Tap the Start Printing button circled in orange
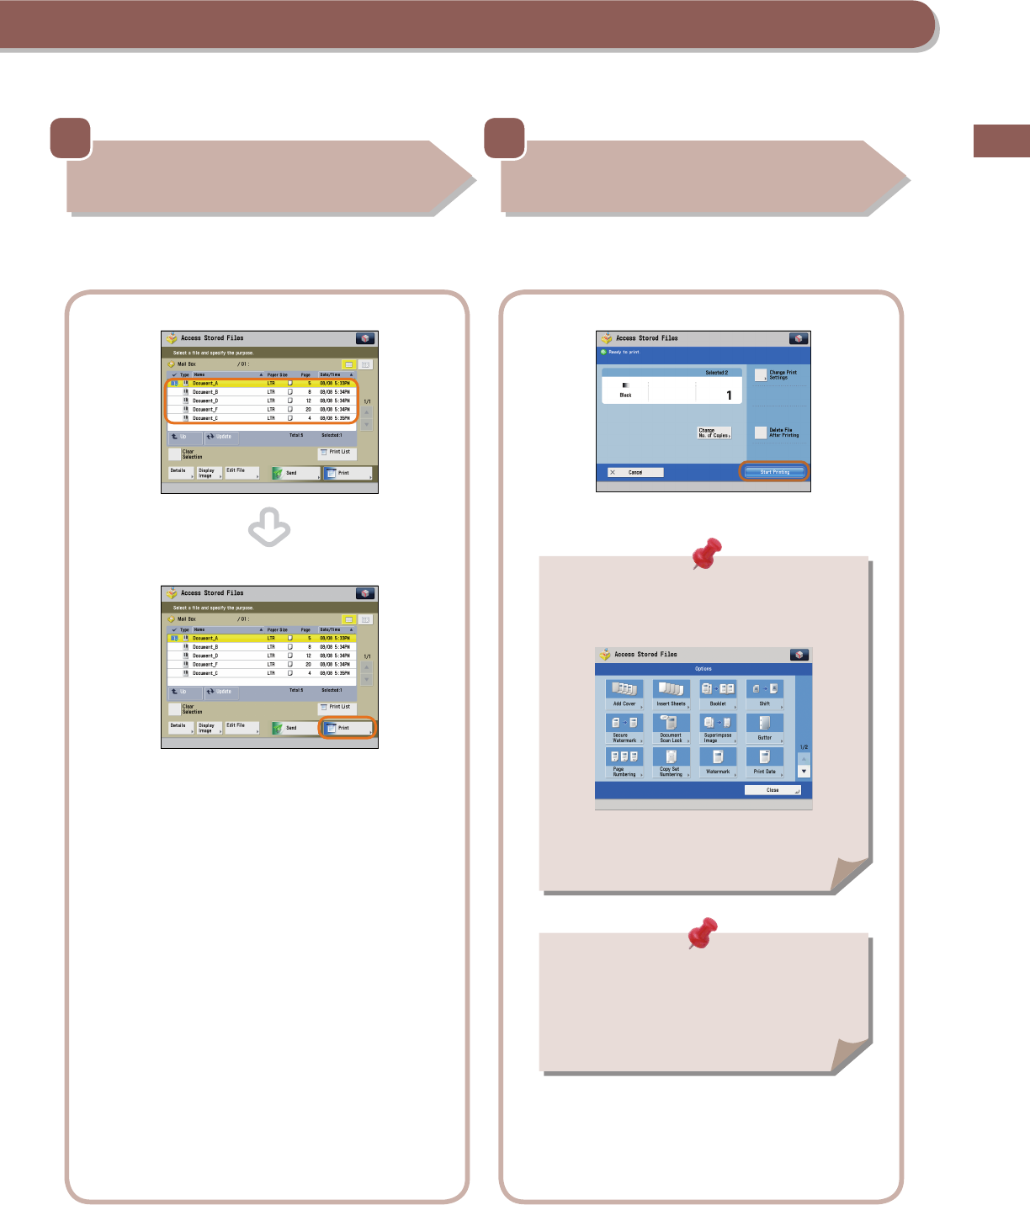point(774,472)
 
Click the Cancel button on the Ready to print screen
point(635,472)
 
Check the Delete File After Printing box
point(761,433)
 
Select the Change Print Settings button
point(761,374)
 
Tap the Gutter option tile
point(764,728)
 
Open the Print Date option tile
point(764,762)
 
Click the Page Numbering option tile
point(624,762)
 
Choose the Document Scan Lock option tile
point(671,728)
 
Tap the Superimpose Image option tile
point(718,728)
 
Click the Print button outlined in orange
point(348,728)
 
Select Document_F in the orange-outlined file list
point(205,410)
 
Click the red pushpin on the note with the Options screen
point(706,553)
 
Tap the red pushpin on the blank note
point(703,932)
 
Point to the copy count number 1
point(729,395)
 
